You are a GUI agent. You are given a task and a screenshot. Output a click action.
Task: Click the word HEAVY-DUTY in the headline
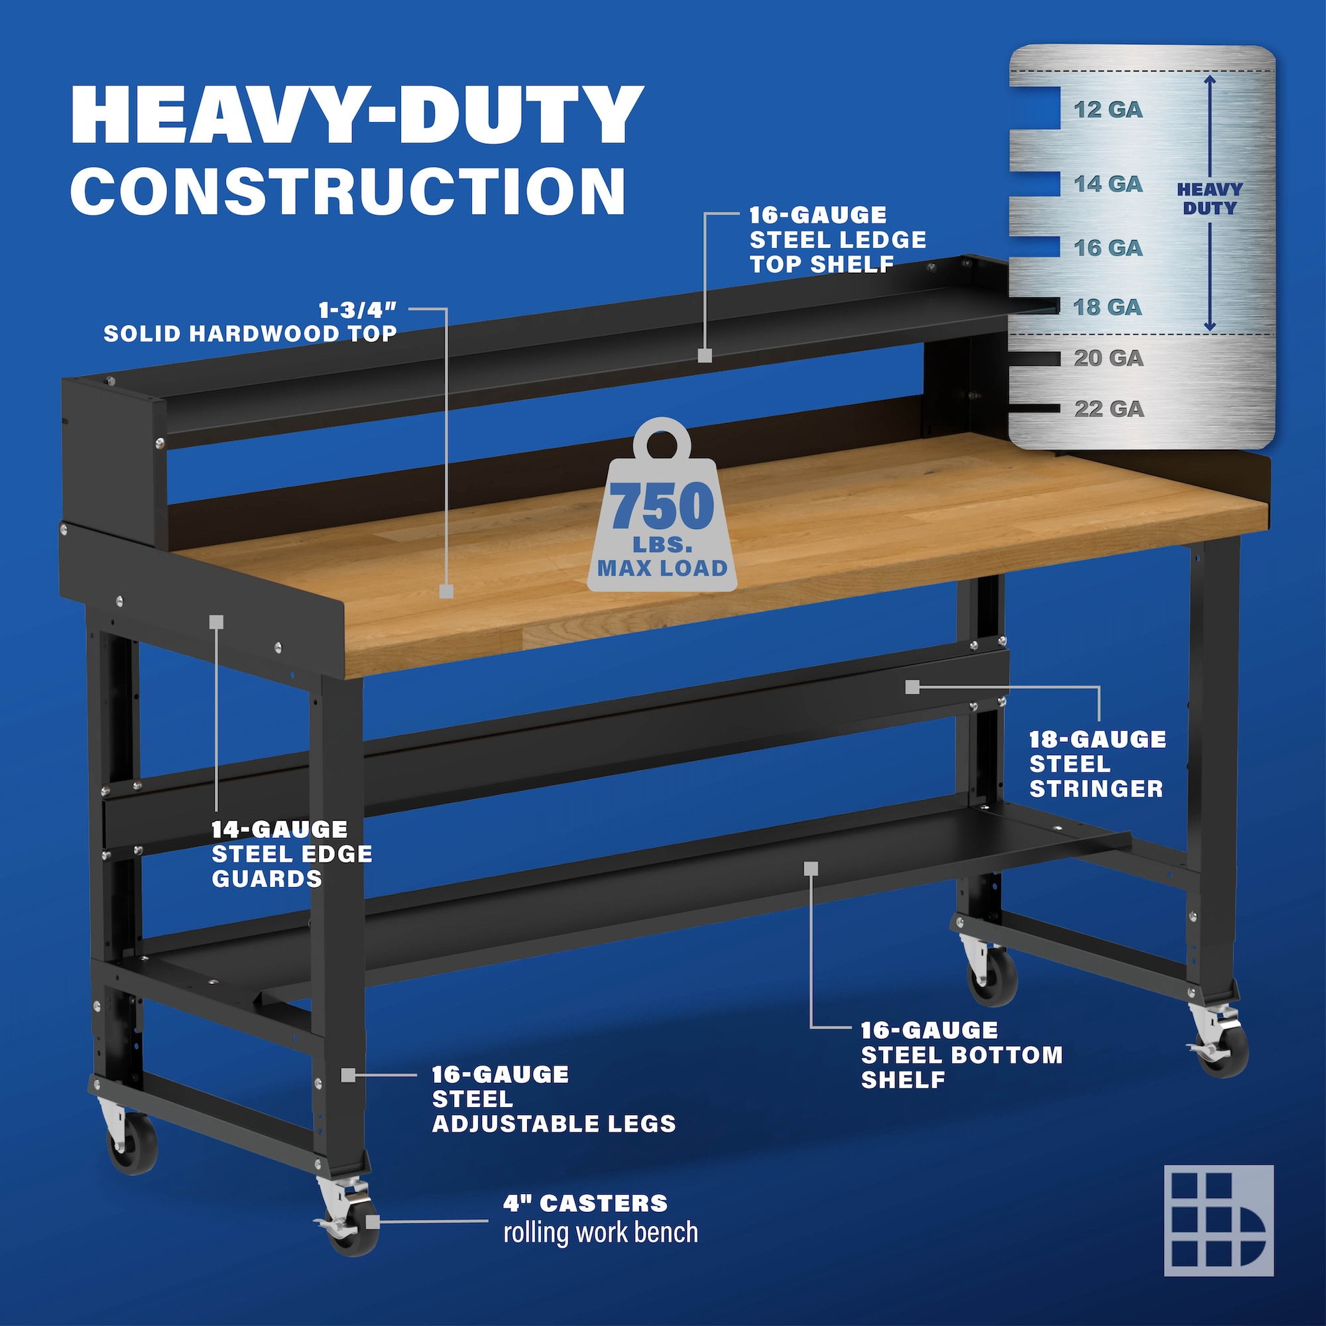tap(357, 115)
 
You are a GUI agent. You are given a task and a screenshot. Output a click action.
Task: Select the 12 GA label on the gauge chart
tap(1108, 110)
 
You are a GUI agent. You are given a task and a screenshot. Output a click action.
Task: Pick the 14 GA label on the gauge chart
tap(1108, 184)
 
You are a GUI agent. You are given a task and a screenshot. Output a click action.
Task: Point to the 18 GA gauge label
tap(1108, 307)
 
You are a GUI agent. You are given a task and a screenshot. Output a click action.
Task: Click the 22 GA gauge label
tap(1109, 409)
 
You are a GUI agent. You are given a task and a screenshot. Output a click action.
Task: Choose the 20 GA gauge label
tap(1109, 358)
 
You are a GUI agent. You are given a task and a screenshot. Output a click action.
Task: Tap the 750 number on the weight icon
tap(662, 506)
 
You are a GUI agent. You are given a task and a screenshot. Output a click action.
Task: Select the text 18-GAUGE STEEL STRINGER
tap(1097, 764)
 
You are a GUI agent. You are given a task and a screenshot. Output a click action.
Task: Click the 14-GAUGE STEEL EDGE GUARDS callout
tap(292, 854)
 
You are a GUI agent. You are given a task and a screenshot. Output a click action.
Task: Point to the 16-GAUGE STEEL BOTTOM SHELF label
tap(961, 1055)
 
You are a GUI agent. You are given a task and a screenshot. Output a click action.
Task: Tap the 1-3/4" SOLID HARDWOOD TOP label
tap(251, 322)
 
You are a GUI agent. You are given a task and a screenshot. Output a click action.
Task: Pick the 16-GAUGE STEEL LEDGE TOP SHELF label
tap(837, 239)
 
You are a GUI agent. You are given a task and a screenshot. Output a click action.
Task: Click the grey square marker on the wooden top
tap(446, 591)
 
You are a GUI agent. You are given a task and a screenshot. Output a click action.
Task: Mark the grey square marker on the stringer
tap(912, 686)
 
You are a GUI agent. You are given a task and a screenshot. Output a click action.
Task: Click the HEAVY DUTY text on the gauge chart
tap(1209, 198)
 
